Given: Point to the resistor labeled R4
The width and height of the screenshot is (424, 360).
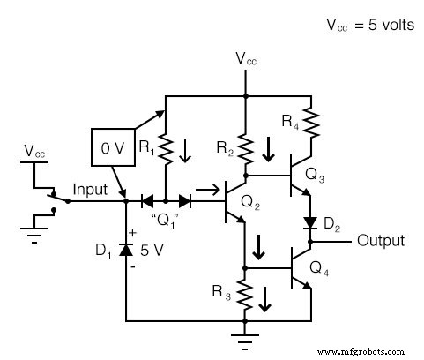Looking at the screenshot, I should [x=309, y=118].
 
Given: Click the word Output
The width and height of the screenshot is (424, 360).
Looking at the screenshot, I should [x=380, y=241].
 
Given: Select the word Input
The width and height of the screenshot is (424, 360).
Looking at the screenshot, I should [x=90, y=190].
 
